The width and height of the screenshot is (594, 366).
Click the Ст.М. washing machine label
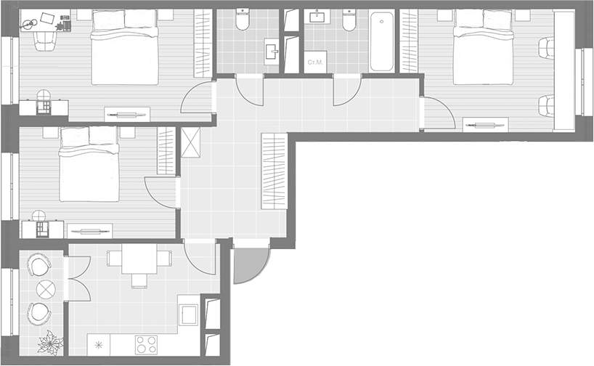point(316,62)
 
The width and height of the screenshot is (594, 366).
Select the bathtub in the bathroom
point(382,41)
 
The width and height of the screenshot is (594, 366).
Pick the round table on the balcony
point(45,288)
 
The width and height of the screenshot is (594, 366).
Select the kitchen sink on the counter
point(189,314)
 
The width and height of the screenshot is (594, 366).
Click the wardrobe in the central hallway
point(273,171)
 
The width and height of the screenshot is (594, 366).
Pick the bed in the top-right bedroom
point(481,47)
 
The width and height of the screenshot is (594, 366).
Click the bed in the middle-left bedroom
point(89,164)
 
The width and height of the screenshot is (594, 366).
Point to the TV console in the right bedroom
point(484,124)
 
